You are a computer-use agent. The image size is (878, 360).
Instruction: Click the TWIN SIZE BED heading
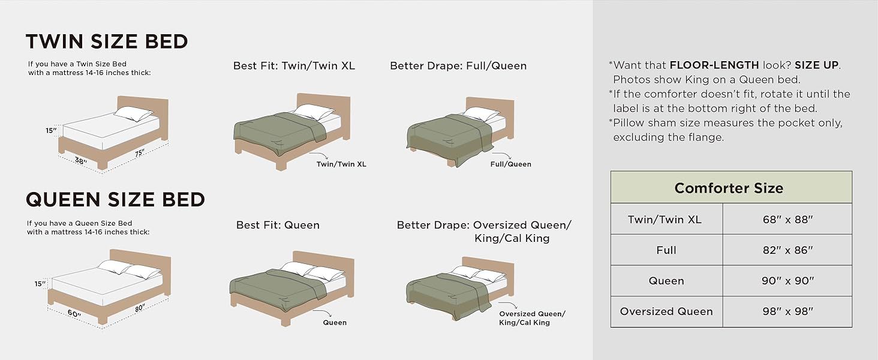tap(107, 41)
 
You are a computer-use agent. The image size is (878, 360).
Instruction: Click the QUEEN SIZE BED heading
tap(115, 199)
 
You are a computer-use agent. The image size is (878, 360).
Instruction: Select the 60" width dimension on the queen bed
tap(74, 314)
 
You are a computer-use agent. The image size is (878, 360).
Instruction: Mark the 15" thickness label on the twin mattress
tap(50, 130)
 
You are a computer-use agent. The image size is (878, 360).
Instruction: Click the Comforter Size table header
tap(729, 188)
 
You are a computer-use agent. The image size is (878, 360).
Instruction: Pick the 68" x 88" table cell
tap(787, 219)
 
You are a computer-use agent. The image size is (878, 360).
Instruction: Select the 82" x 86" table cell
tap(787, 250)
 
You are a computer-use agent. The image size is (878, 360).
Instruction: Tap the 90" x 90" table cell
tap(787, 281)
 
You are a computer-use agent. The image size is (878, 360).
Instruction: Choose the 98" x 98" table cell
tap(787, 311)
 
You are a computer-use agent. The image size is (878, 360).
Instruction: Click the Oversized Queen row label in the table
tap(666, 311)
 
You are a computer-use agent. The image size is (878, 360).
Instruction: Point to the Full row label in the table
tap(666, 250)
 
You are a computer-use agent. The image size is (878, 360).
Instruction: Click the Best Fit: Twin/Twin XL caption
tap(294, 65)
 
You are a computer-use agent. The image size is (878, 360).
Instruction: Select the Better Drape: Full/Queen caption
tap(458, 65)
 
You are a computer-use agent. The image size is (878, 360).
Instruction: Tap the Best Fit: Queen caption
tap(278, 225)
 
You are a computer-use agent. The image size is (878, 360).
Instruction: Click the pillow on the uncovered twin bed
tap(133, 113)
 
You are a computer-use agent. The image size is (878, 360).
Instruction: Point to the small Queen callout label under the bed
tap(335, 322)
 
